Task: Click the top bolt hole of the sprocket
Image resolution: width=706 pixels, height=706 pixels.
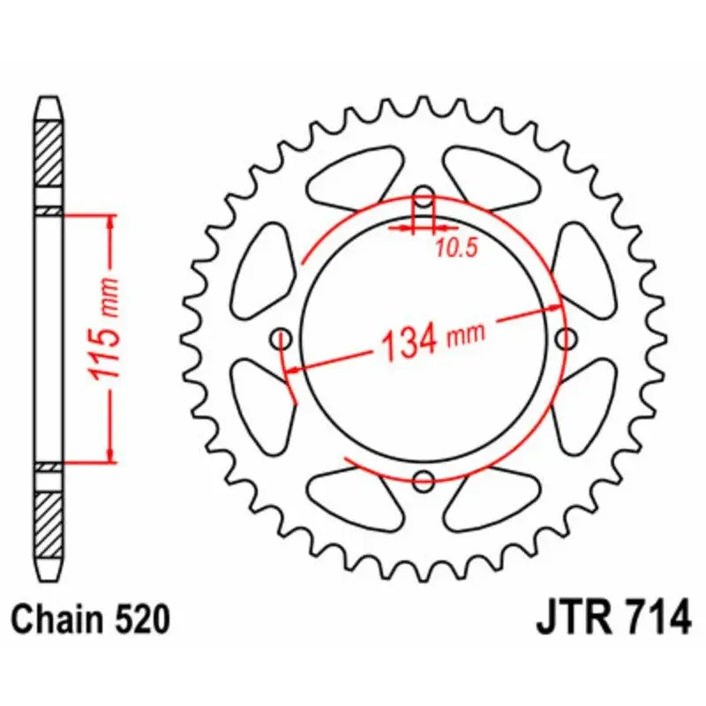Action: pyautogui.click(x=424, y=196)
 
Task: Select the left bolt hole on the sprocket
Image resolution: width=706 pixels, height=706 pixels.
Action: pyautogui.click(x=282, y=337)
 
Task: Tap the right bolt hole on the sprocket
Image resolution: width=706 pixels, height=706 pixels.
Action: pyautogui.click(x=567, y=337)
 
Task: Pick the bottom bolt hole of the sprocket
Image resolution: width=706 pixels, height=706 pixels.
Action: pyautogui.click(x=424, y=481)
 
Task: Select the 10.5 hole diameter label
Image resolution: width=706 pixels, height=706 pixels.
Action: pyautogui.click(x=455, y=248)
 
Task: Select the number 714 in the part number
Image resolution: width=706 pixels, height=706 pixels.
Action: pyautogui.click(x=657, y=617)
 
